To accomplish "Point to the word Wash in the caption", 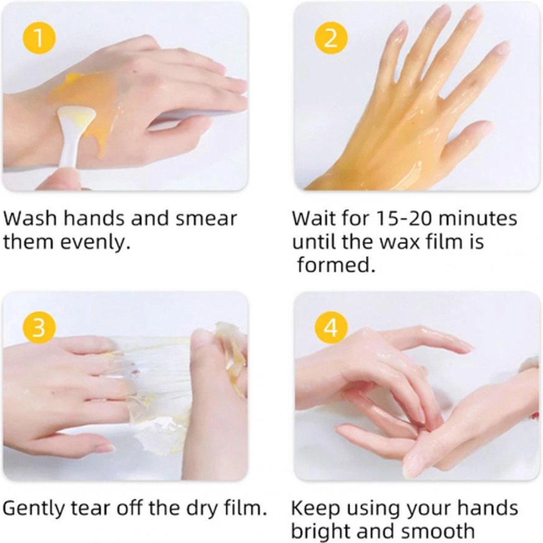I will [30, 219].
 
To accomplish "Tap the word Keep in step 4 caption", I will [315, 508].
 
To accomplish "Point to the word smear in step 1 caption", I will [206, 219].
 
